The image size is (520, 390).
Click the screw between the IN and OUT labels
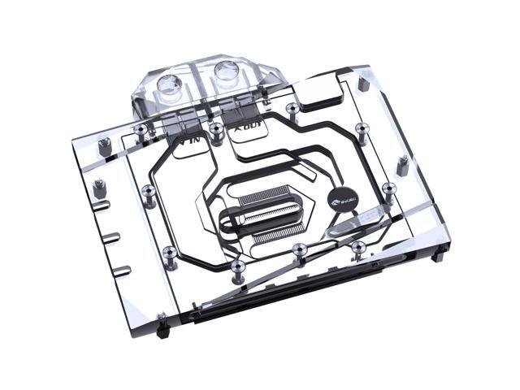pyautogui.click(x=214, y=130)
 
